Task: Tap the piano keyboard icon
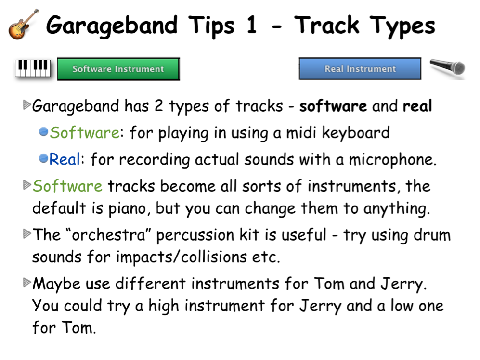click(x=33, y=68)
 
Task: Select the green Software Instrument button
click(x=118, y=69)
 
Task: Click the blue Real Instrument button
click(x=360, y=68)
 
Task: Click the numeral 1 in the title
click(x=251, y=25)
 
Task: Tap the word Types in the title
click(x=402, y=26)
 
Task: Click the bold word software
click(x=333, y=106)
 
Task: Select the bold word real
click(x=417, y=106)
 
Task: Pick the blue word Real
click(x=65, y=159)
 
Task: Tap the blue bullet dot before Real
click(x=43, y=158)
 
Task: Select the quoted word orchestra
click(x=108, y=235)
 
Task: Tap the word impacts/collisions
click(x=181, y=257)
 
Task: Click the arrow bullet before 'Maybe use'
click(x=27, y=283)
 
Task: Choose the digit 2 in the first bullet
click(x=158, y=106)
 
